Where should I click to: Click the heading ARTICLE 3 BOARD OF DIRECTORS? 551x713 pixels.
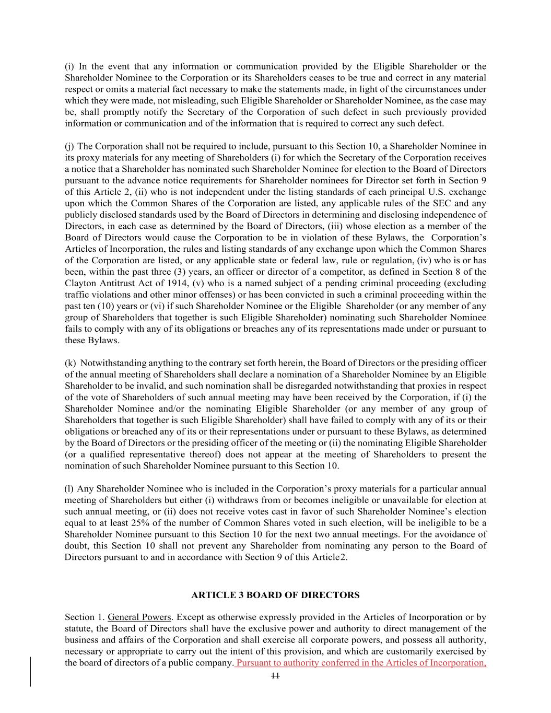(275, 595)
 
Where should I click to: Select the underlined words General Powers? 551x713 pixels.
(139, 617)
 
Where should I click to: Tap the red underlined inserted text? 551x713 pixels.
(361, 663)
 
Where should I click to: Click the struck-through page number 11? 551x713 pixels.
(275, 675)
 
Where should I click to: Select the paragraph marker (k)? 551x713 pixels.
(70, 363)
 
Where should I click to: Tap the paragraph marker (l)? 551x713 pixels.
(69, 489)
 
